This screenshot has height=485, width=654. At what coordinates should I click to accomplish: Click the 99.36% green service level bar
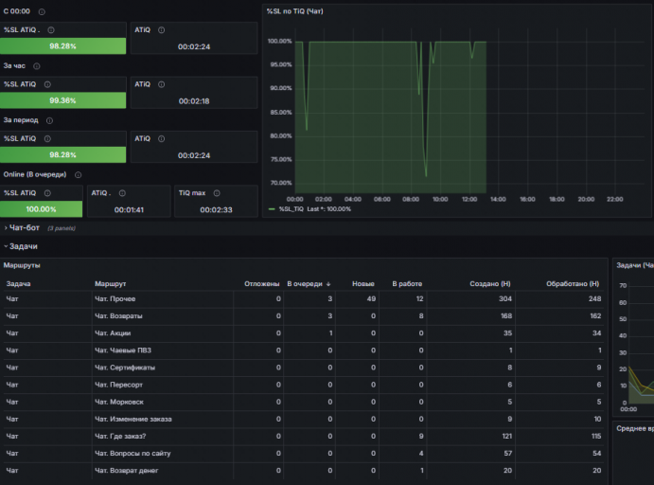click(x=63, y=100)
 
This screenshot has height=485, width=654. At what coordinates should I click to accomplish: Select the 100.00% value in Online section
click(x=41, y=209)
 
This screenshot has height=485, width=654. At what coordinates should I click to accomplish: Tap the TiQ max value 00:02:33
click(x=216, y=209)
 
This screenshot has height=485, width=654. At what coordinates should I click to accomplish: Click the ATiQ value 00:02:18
click(x=194, y=101)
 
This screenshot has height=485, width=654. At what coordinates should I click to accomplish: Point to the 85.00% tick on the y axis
click(x=281, y=113)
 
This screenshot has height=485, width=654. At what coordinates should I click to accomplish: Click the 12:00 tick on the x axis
click(x=469, y=200)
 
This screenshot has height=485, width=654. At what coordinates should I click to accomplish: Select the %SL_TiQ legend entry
click(x=292, y=209)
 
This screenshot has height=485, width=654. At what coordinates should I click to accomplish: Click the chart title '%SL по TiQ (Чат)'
click(x=295, y=11)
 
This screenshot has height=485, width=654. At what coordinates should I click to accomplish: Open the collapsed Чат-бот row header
click(x=25, y=228)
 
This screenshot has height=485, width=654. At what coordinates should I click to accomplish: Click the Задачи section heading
click(x=24, y=246)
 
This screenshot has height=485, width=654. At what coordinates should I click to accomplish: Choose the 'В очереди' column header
click(x=305, y=284)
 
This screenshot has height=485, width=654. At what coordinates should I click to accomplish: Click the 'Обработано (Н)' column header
click(x=573, y=284)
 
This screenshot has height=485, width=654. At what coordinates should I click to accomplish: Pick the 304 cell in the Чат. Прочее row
click(x=505, y=298)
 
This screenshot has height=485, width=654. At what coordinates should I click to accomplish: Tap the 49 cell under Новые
click(x=371, y=298)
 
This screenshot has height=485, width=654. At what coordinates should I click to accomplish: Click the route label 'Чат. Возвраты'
click(x=118, y=316)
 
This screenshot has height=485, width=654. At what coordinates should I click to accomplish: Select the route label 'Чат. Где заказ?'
click(x=120, y=436)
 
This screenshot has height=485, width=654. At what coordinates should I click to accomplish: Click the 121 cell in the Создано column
click(x=506, y=436)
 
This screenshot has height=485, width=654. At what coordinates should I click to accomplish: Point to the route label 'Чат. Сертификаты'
click(x=125, y=368)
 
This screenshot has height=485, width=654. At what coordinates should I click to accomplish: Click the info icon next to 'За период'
click(x=49, y=120)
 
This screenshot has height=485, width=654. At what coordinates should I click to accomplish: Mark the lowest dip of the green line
click(x=426, y=176)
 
